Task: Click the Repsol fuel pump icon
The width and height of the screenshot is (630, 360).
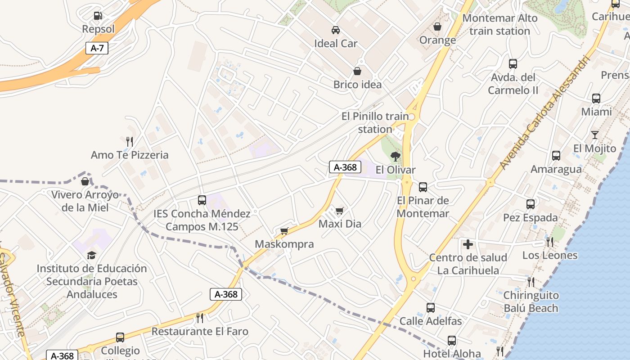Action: (x=98, y=16)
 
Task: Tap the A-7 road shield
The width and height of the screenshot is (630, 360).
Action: (x=97, y=48)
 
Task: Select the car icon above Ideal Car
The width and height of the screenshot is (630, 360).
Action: (x=335, y=30)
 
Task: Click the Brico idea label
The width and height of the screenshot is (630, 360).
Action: (x=357, y=85)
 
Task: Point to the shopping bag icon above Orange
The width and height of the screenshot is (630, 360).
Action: (x=437, y=27)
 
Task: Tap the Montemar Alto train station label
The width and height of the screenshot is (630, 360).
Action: (x=499, y=25)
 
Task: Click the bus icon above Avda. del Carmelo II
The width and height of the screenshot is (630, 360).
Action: (x=513, y=64)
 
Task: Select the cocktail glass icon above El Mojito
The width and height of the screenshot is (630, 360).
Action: (x=594, y=135)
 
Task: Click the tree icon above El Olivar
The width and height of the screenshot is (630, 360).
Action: (x=396, y=157)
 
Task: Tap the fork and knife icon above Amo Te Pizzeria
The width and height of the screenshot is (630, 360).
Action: (x=130, y=142)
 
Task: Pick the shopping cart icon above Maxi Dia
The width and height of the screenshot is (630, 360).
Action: (x=340, y=211)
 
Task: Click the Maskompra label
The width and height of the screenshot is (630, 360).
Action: (x=284, y=244)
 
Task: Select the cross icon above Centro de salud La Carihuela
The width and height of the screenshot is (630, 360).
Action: (x=468, y=244)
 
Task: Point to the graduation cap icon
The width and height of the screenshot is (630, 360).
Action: (x=92, y=255)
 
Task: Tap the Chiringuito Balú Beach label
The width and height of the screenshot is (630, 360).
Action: (x=531, y=302)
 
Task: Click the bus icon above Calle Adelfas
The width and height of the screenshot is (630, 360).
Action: (x=431, y=308)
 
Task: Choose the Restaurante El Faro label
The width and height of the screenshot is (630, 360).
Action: (x=200, y=332)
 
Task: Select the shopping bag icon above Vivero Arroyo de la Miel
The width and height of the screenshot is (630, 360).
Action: (x=85, y=181)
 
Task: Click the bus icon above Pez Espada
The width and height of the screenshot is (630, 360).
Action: (x=531, y=204)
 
